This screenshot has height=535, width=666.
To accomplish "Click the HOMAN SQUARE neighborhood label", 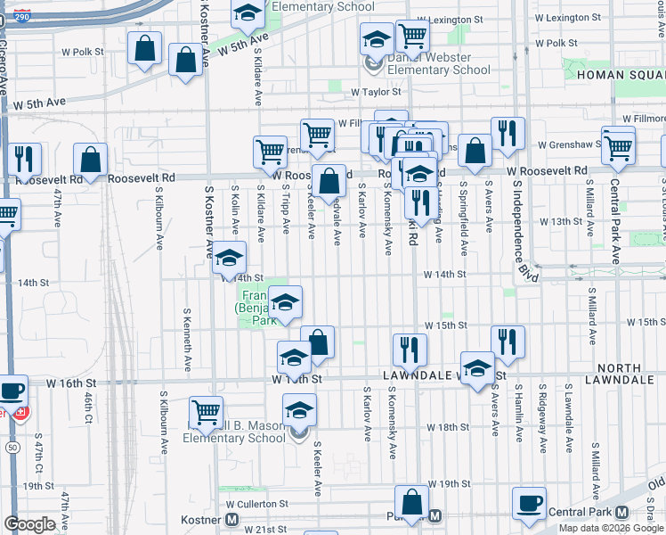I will pyautogui.click(x=621, y=75).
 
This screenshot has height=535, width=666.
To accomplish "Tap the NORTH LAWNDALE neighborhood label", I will pyautogui.click(x=620, y=374).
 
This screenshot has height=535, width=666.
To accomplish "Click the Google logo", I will pyautogui.click(x=29, y=524).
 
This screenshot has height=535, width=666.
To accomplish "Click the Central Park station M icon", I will pyautogui.click(x=621, y=513).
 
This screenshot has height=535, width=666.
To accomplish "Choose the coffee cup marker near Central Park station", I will pyautogui.click(x=529, y=502).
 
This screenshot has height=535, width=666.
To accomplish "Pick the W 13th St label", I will pyautogui.click(x=559, y=221).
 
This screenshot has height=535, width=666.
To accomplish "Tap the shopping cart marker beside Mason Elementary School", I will pyautogui.click(x=206, y=411).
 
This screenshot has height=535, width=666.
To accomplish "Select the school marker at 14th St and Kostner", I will pyautogui.click(x=230, y=259).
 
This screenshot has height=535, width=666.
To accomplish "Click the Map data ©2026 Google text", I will pyautogui.click(x=610, y=528).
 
